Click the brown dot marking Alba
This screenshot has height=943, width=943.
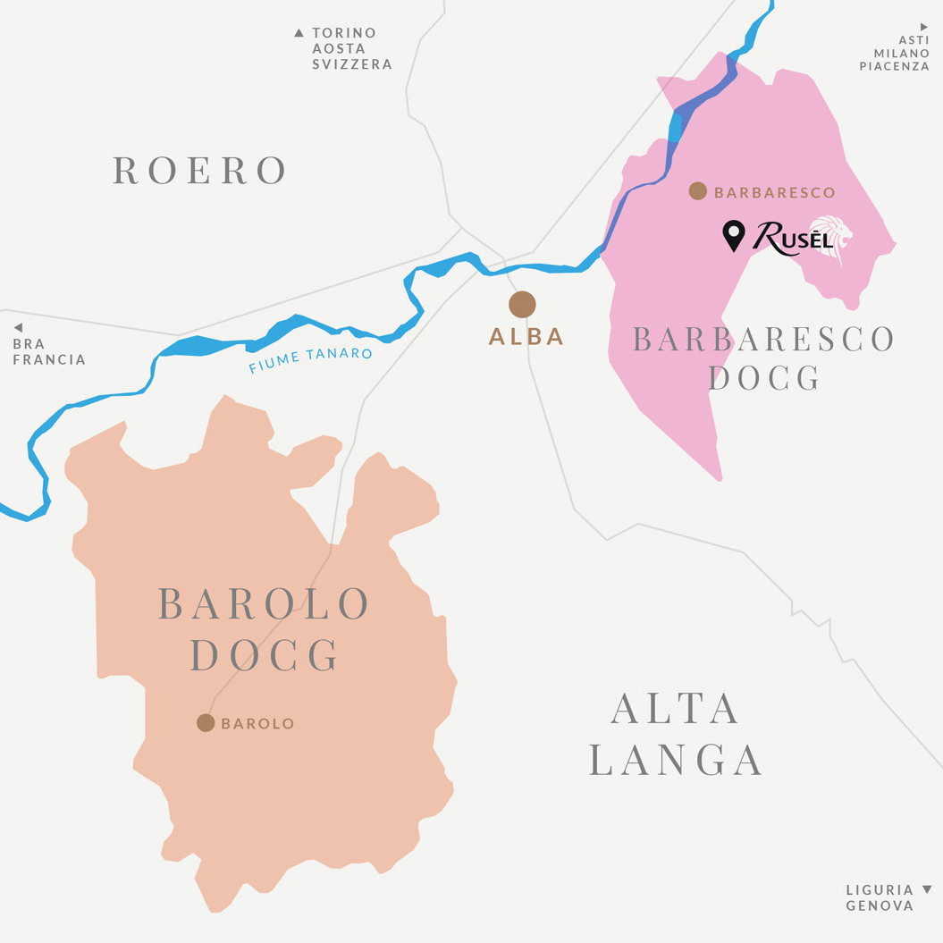click(x=522, y=304)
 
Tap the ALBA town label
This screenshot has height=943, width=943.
click(x=526, y=337)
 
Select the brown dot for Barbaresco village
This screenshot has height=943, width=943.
click(x=698, y=190)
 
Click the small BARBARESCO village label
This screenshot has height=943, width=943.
click(x=775, y=192)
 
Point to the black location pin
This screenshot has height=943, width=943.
click(x=733, y=235)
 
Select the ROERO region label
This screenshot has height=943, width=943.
click(x=200, y=170)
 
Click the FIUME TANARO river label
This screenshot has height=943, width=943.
click(x=310, y=360)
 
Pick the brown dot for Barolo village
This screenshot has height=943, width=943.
click(x=206, y=722)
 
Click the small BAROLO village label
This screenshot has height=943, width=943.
click(x=257, y=724)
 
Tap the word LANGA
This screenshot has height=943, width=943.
click(x=676, y=760)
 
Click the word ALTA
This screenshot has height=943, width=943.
click(x=676, y=709)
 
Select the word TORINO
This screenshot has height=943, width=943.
click(x=344, y=33)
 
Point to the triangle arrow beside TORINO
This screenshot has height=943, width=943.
click(x=299, y=33)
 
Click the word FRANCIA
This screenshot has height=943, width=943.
click(x=49, y=360)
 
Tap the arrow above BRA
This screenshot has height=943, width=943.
click(x=18, y=328)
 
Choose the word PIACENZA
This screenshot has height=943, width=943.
click(x=894, y=66)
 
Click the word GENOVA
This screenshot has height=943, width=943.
click(x=880, y=905)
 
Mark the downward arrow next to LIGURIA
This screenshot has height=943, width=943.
click(x=927, y=889)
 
